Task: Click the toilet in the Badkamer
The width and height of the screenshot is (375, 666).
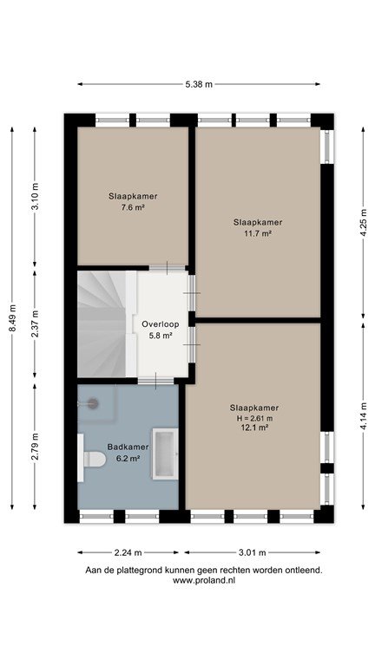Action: [94, 459]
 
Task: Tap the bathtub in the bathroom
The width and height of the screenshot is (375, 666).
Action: [166, 454]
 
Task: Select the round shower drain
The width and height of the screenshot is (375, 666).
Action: [93, 403]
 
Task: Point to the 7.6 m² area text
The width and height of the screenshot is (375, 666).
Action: [133, 208]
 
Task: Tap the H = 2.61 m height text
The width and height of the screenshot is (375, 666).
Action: [254, 418]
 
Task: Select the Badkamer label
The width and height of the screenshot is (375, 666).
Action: [128, 447]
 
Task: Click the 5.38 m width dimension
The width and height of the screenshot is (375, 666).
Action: [199, 84]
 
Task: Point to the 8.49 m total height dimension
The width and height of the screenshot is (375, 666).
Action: [12, 318]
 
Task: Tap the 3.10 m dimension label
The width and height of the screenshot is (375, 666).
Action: [35, 196]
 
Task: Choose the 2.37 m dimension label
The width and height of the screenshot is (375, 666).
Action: [35, 323]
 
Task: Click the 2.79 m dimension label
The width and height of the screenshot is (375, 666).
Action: [35, 447]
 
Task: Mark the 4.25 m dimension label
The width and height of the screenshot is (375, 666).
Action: [363, 223]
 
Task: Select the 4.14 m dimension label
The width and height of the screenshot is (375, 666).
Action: [363, 416]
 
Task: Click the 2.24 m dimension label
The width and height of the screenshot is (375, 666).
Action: [128, 552]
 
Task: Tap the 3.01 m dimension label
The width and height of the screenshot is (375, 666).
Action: [252, 552]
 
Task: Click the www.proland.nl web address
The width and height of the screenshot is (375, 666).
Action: [204, 580]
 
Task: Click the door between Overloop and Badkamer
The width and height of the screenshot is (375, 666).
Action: [155, 381]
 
